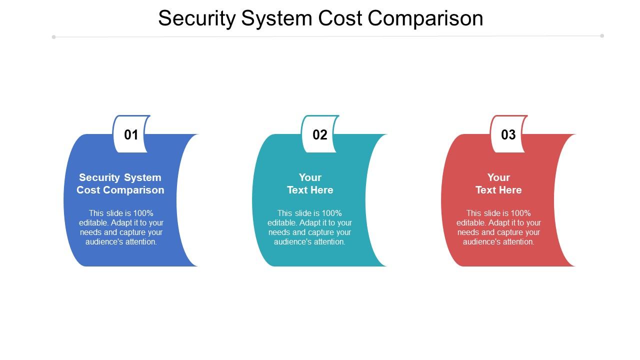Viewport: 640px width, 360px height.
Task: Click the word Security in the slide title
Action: pos(196,18)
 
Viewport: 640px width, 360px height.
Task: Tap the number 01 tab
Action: pos(131,134)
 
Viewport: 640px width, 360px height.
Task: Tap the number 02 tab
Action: pos(320,134)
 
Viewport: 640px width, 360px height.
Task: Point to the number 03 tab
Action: pos(508,134)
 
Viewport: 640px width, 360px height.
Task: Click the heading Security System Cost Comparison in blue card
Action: pos(120,183)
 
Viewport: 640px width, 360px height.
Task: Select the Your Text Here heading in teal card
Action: pos(310,183)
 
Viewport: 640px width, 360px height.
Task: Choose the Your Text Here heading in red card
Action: pos(498,183)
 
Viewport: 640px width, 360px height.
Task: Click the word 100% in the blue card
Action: pos(143,213)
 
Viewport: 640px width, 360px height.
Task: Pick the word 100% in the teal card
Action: pos(332,213)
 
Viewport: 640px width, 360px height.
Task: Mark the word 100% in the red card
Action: pos(521,213)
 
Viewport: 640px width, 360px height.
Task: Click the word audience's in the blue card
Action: pos(103,242)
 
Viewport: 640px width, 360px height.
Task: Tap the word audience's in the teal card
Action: pos(291,242)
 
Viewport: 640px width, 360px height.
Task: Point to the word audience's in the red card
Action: pos(480,242)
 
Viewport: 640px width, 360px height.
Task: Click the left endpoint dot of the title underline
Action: pos(53,37)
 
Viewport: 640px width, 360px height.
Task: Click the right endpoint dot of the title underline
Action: pos(602,35)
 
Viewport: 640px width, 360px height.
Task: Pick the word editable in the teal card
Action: pos(282,223)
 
